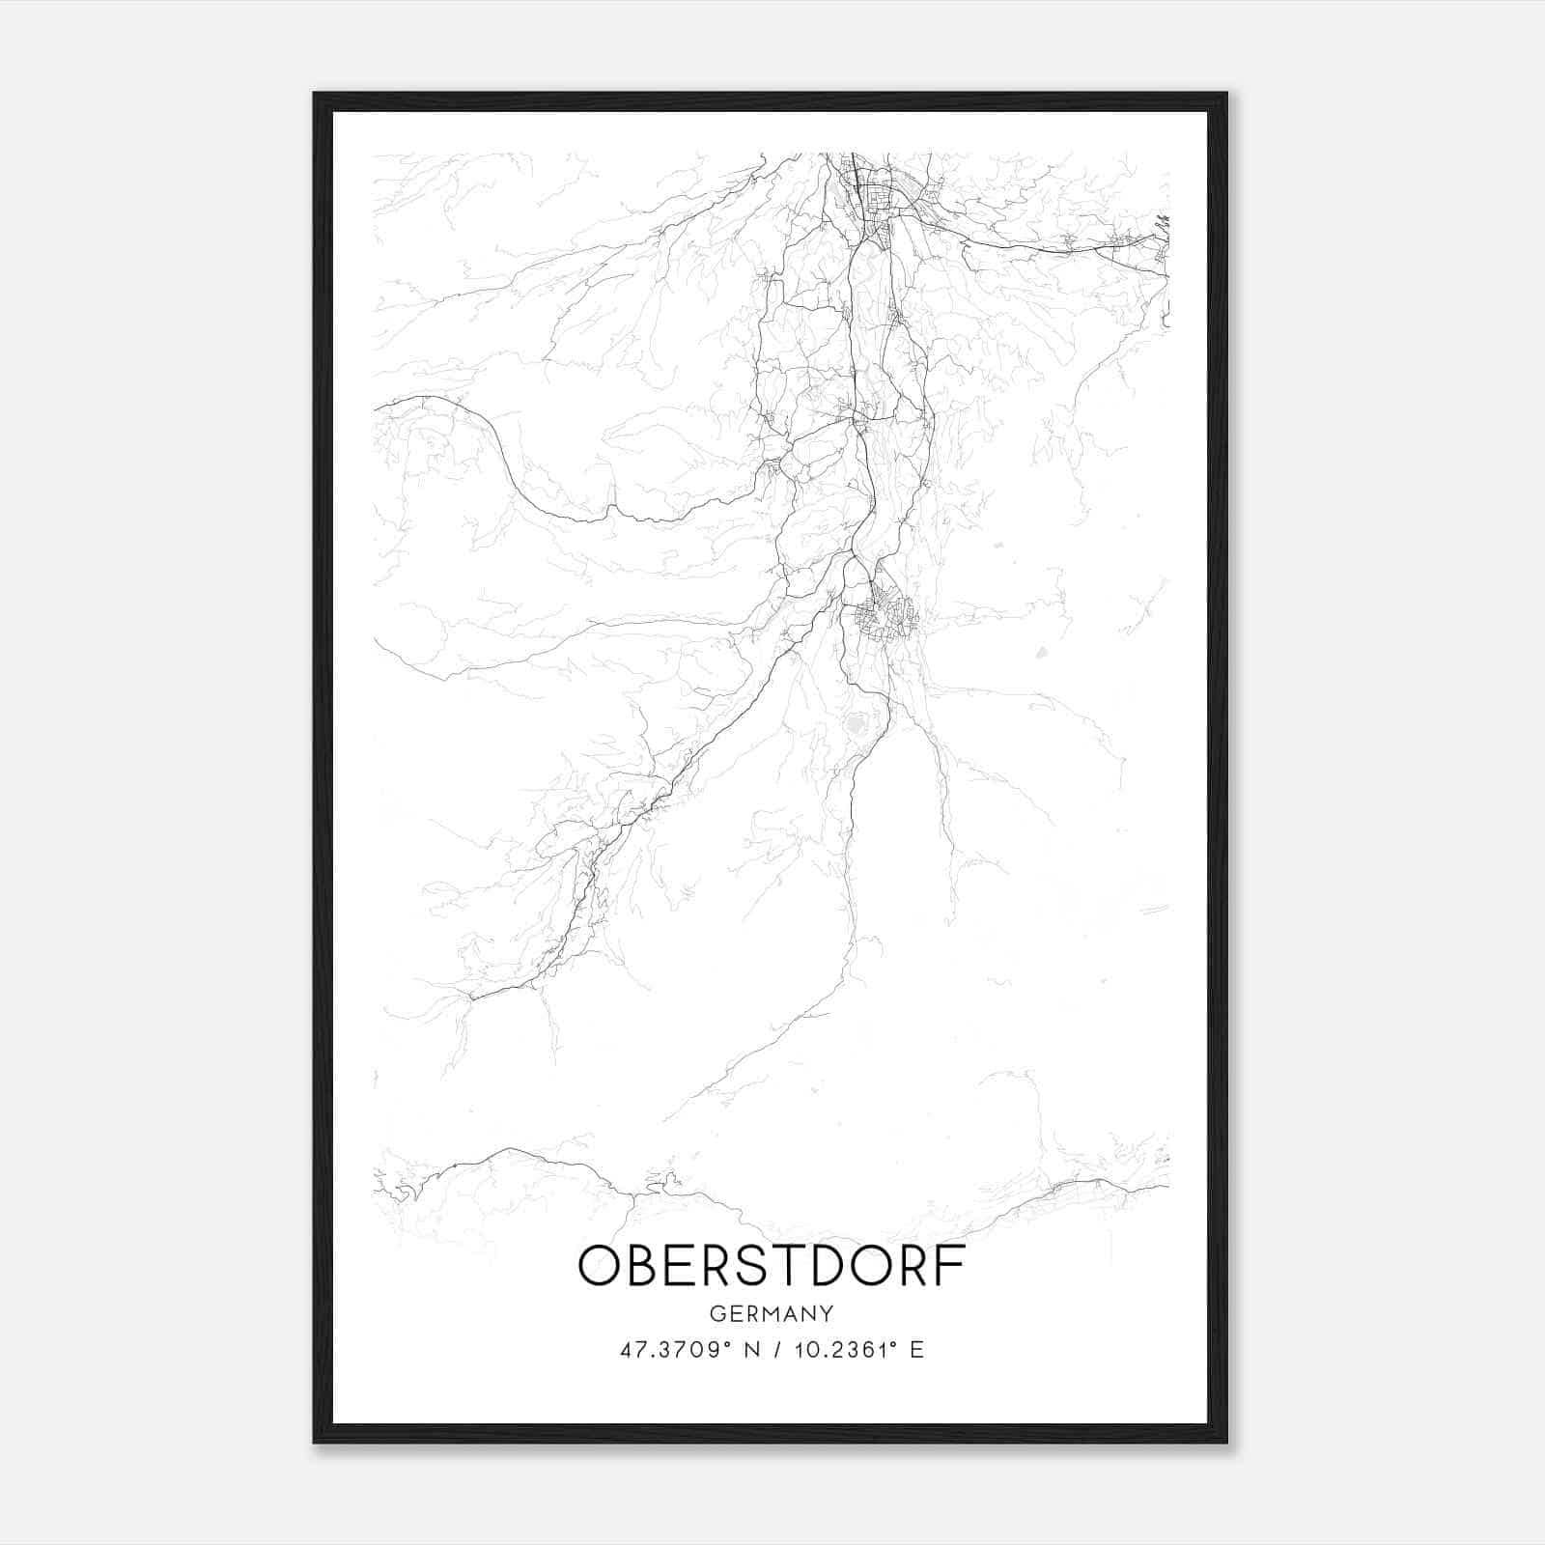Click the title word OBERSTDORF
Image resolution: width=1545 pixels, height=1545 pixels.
[772, 1267]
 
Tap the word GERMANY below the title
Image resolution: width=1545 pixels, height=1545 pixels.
[772, 1313]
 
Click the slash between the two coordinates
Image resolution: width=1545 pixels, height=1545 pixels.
[774, 1350]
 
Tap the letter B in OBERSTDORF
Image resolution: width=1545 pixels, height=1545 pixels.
[635, 1267]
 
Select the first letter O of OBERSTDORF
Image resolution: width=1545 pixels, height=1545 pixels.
[596, 1267]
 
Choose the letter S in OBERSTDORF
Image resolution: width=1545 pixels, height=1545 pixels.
[743, 1267]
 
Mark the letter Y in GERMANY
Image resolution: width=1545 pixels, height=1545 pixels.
[828, 1313]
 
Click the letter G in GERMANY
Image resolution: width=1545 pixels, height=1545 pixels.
[716, 1313]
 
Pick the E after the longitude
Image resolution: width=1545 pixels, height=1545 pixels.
[916, 1350]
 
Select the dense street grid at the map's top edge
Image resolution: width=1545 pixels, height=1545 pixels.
[874, 188]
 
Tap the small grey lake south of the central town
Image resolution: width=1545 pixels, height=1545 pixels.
[856, 723]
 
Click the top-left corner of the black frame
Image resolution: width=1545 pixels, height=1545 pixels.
[315, 95]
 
